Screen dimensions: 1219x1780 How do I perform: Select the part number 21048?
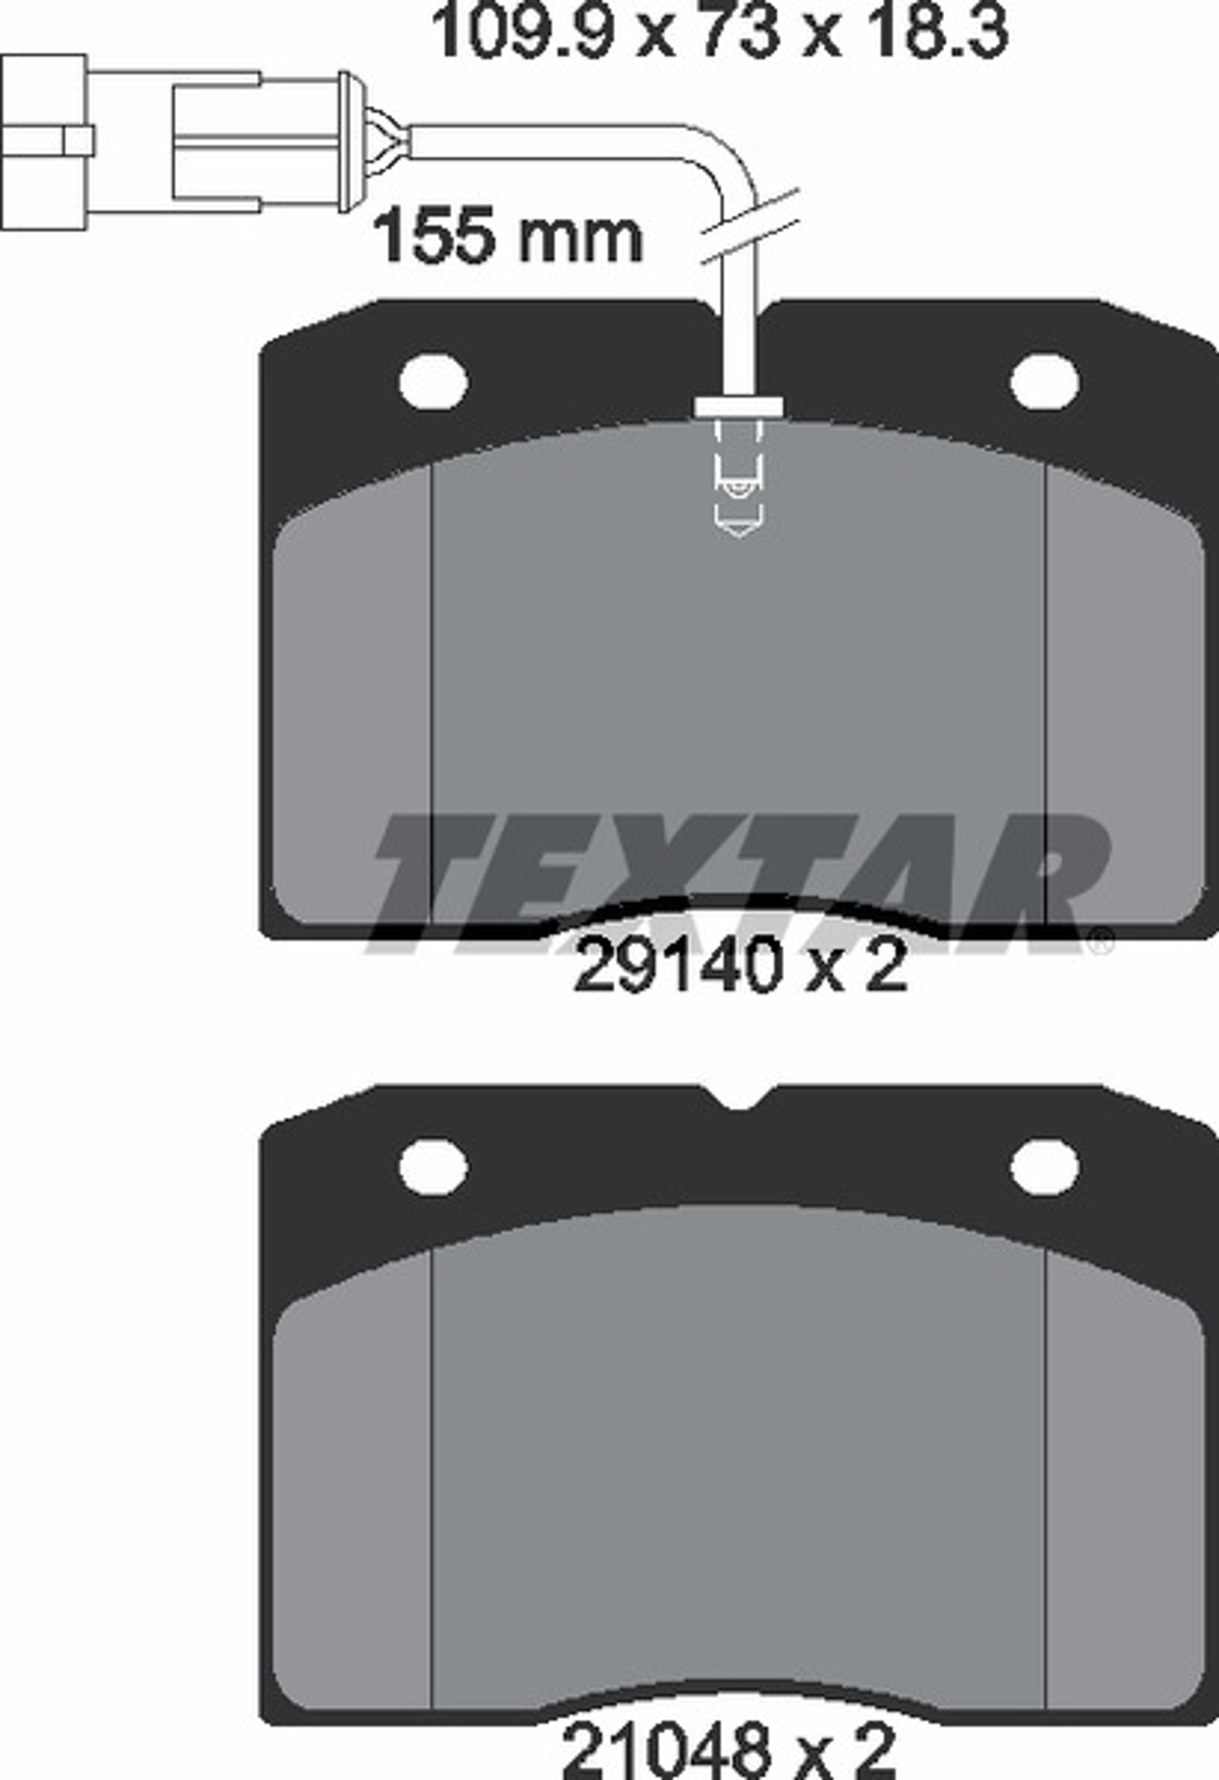tap(667, 1750)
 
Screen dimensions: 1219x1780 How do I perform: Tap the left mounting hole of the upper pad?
tap(433, 381)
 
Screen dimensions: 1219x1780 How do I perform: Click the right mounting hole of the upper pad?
tap(1045, 381)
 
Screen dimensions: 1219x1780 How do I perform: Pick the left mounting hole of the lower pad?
tap(433, 1166)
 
